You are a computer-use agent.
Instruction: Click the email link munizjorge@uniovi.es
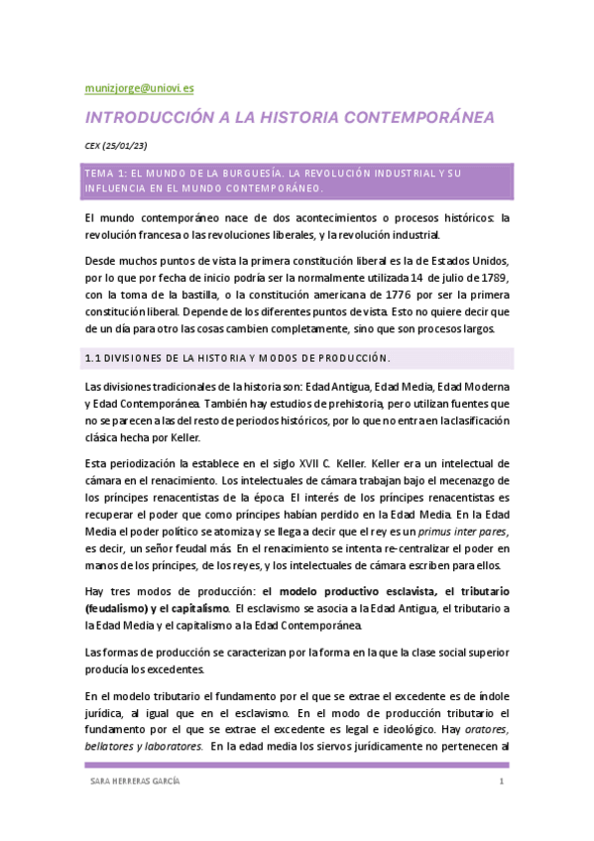tap(139, 88)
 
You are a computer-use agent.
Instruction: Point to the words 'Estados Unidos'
tap(472, 256)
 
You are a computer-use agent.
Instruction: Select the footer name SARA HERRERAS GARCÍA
tap(135, 782)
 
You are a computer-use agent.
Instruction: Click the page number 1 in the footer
tap(503, 782)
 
